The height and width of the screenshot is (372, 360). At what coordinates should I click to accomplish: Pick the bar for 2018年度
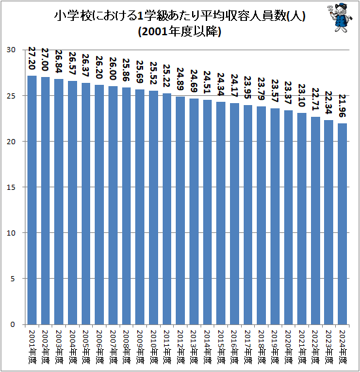point(261,215)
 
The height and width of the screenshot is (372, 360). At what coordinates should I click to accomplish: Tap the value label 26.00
point(113,70)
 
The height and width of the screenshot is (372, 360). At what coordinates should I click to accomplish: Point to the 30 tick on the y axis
point(12,50)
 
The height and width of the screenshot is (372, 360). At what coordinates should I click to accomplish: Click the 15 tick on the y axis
point(12,187)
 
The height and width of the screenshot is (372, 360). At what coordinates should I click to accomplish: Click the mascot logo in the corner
point(337,20)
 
